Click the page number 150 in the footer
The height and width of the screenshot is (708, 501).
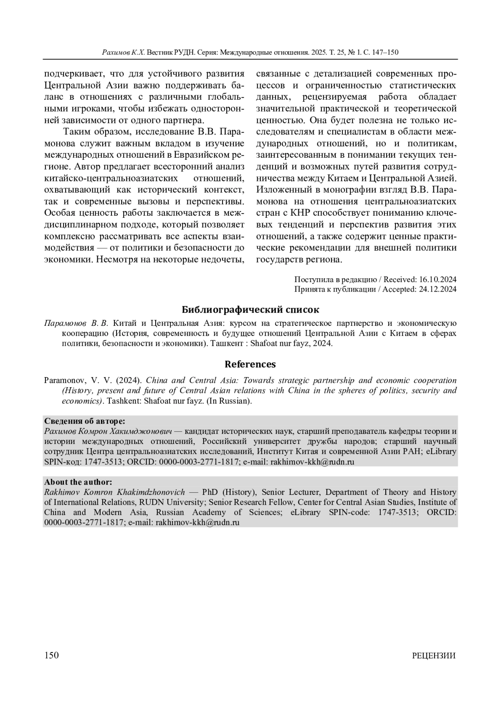pos(51,655)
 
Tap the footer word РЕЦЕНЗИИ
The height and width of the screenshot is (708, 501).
pos(434,655)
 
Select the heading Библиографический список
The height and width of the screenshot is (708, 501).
pos(250,310)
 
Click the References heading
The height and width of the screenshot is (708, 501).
pos(250,364)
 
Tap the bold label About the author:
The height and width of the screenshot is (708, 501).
pos(78,482)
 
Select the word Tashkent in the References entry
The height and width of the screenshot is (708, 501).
pos(121,401)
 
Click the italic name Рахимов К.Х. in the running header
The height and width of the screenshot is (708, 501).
pos(123,53)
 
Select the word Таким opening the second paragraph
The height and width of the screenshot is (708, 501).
pos(77,132)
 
